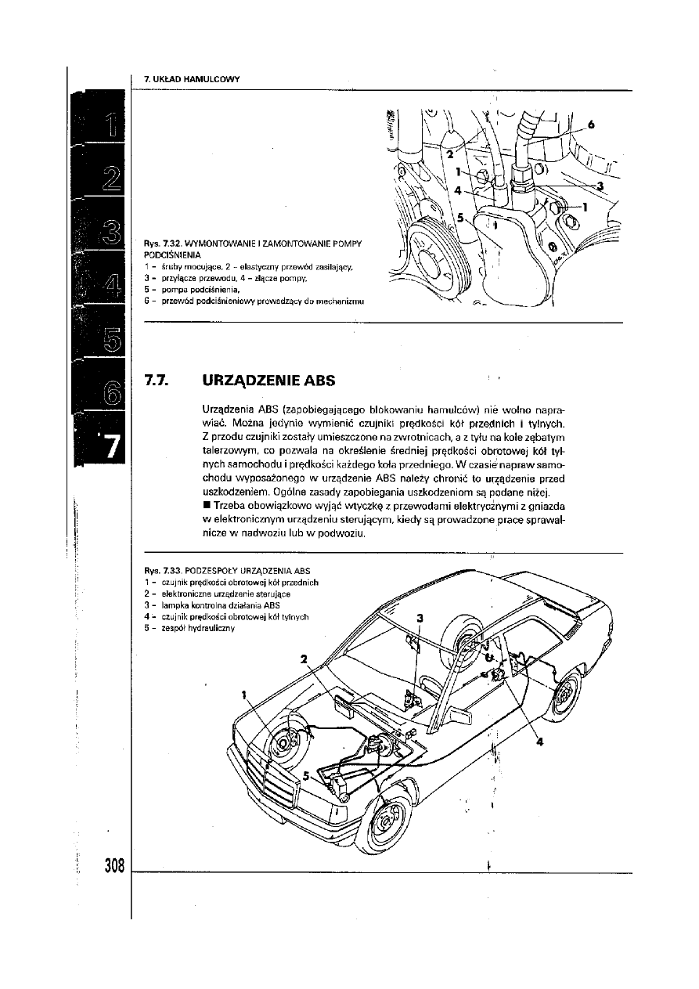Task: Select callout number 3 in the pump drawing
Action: tap(600, 186)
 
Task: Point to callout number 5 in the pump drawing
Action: tap(461, 219)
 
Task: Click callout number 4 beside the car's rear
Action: tap(540, 742)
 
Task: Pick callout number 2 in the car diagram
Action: tap(304, 659)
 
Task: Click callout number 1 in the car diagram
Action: tap(244, 693)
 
